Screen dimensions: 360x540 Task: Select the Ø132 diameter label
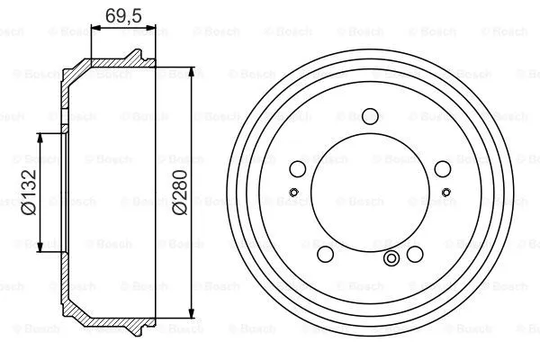click(30, 192)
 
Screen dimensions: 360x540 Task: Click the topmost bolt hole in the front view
click(370, 115)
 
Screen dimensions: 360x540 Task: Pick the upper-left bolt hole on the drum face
click(298, 168)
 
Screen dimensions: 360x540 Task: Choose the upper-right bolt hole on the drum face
click(441, 168)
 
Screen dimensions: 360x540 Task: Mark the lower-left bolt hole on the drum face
click(325, 252)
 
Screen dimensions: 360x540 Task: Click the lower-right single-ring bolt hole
click(414, 252)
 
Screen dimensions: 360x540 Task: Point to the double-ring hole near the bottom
click(391, 260)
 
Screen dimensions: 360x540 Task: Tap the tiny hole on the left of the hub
click(293, 191)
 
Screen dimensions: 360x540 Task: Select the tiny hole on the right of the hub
click(446, 191)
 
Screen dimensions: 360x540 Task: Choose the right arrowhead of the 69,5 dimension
click(152, 30)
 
